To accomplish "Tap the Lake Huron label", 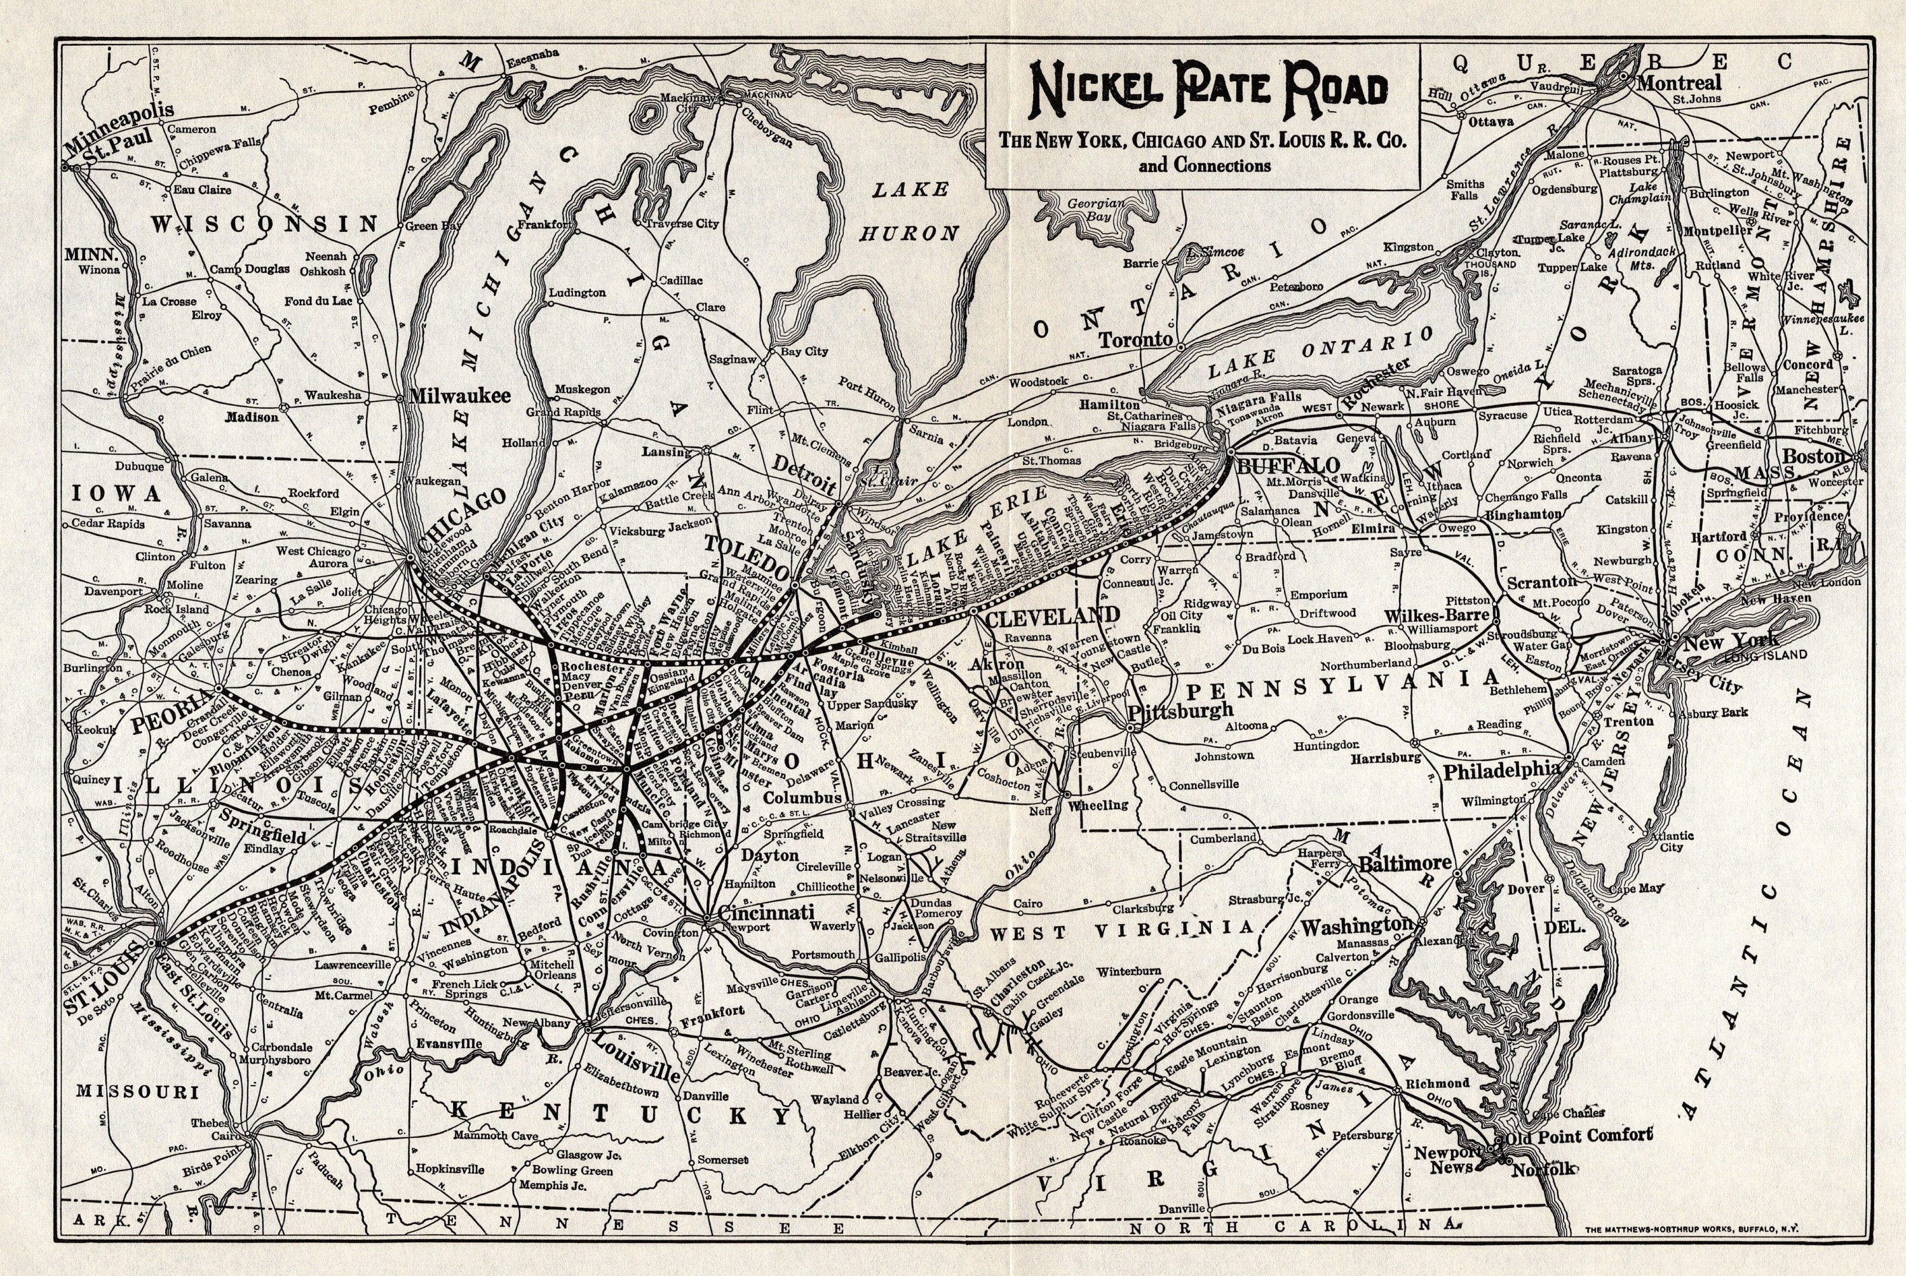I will click(910, 211).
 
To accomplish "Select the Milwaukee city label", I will click(460, 396).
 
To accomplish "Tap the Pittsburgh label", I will click(1181, 709).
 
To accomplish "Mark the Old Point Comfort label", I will click(1579, 1135).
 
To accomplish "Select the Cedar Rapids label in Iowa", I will click(108, 523).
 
